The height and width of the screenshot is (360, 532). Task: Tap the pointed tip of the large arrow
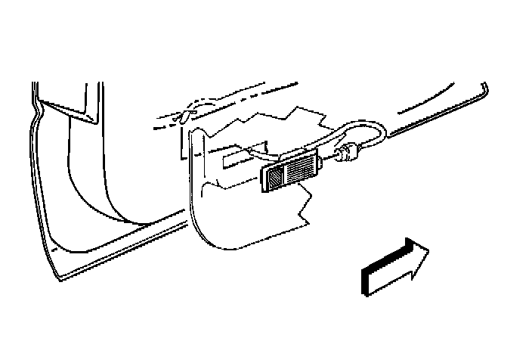428,252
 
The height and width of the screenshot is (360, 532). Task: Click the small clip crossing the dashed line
185,115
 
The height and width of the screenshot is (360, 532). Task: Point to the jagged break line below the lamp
306,208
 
